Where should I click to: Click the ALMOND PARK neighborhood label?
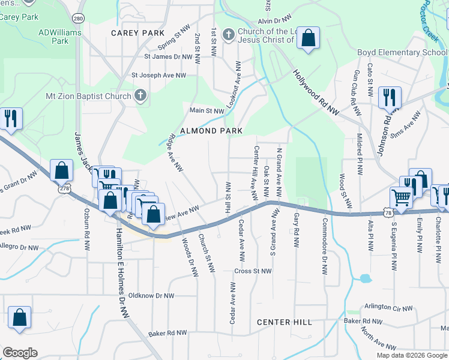click(x=209, y=131)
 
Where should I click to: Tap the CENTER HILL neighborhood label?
click(x=285, y=322)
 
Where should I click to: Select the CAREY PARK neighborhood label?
click(x=133, y=33)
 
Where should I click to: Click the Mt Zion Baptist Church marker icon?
click(x=140, y=96)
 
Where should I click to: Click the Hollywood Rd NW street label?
click(x=316, y=92)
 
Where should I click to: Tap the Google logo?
click(x=20, y=352)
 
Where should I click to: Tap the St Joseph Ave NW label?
click(x=159, y=76)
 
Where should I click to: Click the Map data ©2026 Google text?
click(x=412, y=355)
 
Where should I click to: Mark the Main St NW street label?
click(x=206, y=110)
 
